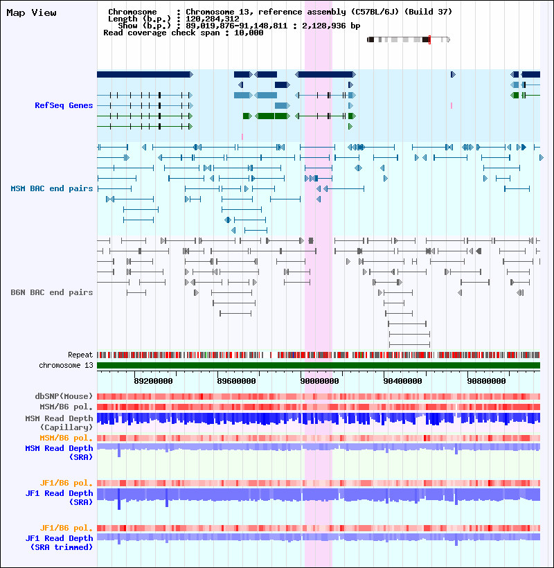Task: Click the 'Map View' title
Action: coord(31,13)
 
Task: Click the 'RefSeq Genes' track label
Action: coord(64,105)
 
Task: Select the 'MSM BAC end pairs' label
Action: coord(52,188)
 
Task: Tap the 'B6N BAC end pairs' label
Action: coord(52,292)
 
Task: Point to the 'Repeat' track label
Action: coord(80,355)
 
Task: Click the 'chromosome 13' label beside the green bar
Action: coord(66,365)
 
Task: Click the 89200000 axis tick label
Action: coord(153,380)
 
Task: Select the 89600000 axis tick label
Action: coord(236,380)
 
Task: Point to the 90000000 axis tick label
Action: coord(319,380)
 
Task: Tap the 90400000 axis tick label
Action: coord(402,380)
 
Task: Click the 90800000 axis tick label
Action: coord(485,380)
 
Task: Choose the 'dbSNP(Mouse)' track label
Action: coord(64,396)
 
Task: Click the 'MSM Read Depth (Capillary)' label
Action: coord(59,423)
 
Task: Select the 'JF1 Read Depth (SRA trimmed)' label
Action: coord(60,542)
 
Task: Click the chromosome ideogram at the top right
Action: coord(409,39)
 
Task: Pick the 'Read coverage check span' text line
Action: coord(183,33)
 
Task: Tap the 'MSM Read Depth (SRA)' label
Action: coord(60,452)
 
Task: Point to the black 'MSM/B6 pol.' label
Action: coord(66,407)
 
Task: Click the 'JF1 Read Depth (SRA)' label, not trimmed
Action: coord(60,497)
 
